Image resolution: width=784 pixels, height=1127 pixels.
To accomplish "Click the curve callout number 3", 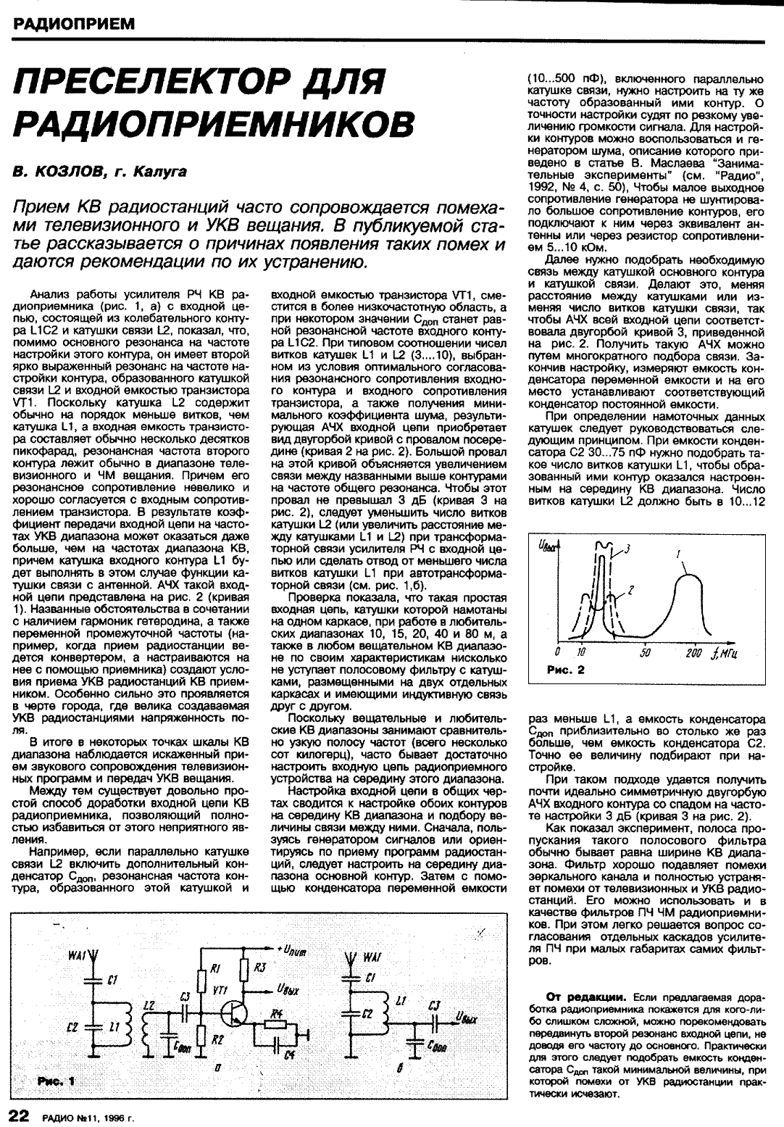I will point(628,548).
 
